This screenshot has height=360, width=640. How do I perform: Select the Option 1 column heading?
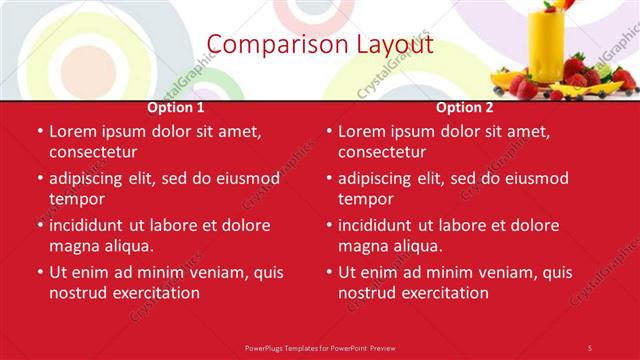tap(176, 107)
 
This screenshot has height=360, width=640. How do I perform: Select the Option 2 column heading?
tap(465, 107)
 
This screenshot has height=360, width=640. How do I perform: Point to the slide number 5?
tap(590, 347)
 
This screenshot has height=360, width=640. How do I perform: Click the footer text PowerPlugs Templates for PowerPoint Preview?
tap(320, 347)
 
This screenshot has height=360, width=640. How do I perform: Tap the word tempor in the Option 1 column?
tap(71, 199)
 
